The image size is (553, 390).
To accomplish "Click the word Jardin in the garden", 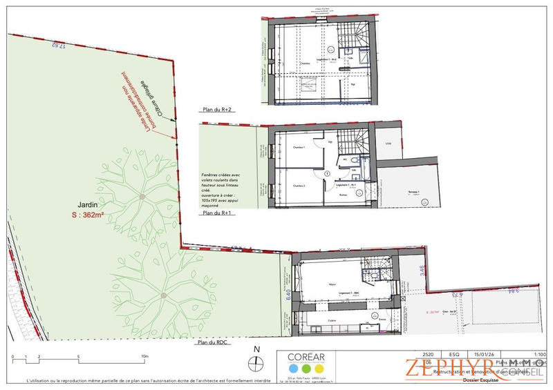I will point(88,205).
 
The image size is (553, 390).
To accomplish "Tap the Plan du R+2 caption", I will point(216,109).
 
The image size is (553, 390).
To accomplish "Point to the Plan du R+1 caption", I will point(216,214).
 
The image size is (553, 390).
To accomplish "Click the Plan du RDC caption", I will point(213,342).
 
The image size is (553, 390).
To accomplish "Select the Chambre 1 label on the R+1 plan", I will point(299,148).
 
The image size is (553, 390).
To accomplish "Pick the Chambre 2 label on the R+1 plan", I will point(299,186).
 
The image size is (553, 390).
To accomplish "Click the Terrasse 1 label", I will point(414,191).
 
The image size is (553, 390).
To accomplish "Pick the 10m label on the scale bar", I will point(145,357).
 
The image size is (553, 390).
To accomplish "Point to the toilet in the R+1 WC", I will point(344,157).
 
